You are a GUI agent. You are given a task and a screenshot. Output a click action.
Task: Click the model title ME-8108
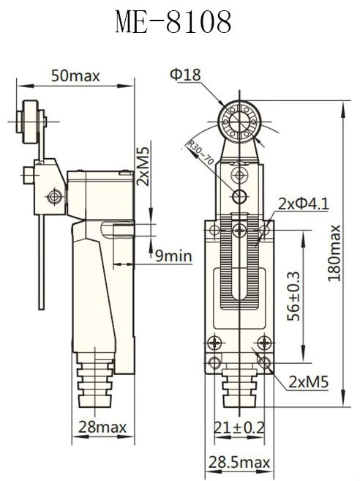173,22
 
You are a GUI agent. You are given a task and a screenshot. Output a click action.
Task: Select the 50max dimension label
75,75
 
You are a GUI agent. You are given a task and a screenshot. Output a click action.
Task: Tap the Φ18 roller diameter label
184,75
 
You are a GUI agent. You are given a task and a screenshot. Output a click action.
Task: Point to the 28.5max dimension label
239,463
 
